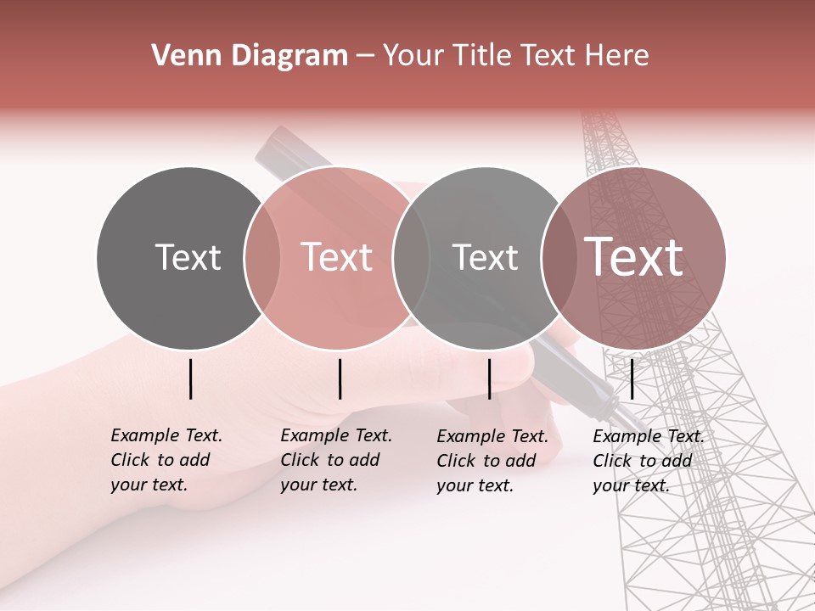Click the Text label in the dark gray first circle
click(x=188, y=257)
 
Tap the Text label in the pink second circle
click(x=337, y=257)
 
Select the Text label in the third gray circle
click(x=485, y=257)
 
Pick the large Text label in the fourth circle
click(x=634, y=256)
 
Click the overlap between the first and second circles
click(x=262, y=257)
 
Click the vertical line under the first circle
click(x=191, y=378)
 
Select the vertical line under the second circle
click(x=340, y=378)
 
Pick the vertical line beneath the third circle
click(x=490, y=378)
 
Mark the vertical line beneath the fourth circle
click(x=632, y=378)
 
